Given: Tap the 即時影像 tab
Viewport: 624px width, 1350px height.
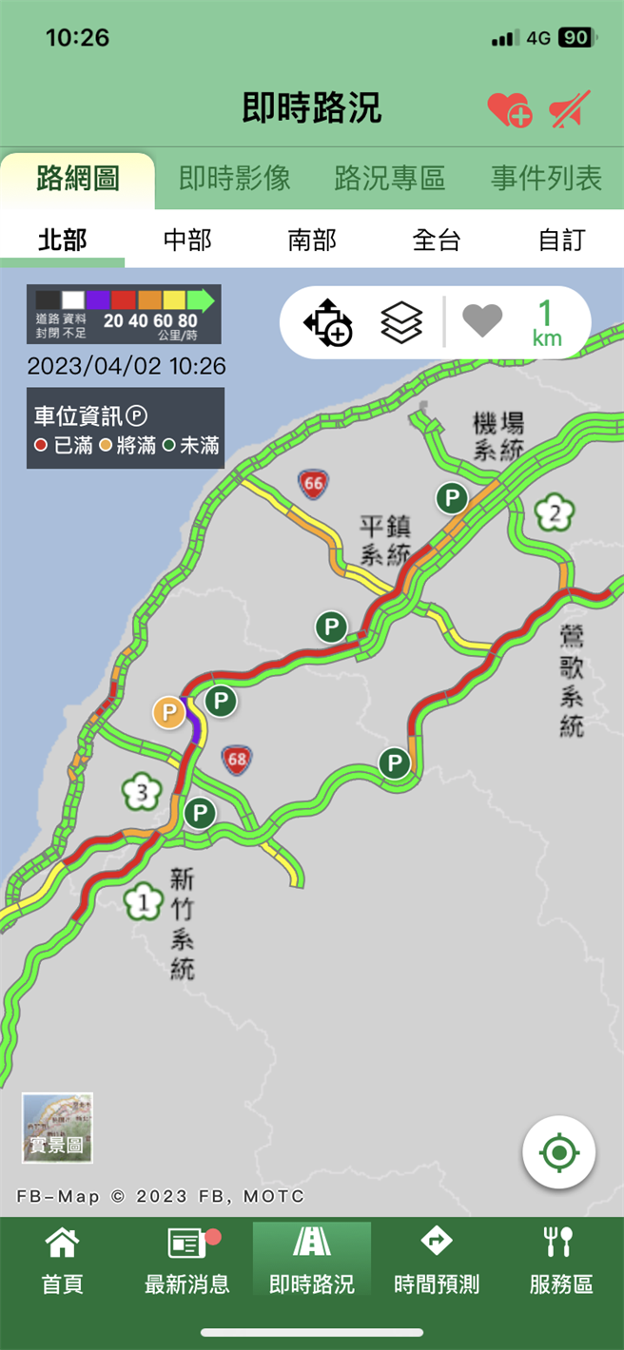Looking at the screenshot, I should [234, 178].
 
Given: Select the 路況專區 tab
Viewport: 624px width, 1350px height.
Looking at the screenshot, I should [390, 178].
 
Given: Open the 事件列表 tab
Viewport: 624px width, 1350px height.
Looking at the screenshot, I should [546, 178].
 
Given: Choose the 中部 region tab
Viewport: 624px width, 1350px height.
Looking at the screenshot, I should [187, 241].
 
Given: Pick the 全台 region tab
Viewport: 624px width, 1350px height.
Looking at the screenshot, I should [437, 241].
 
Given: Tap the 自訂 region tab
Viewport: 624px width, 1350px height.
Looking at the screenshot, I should [561, 241].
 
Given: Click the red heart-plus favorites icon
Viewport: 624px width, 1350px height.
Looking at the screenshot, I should [509, 109].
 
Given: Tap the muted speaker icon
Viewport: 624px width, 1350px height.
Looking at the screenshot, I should [570, 109].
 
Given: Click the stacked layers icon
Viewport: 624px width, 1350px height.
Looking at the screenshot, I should [400, 322].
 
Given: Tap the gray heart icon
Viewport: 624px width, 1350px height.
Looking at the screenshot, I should [482, 320].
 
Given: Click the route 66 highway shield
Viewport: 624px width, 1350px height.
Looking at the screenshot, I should [312, 484].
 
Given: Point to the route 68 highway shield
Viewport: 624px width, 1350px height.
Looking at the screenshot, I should [237, 759].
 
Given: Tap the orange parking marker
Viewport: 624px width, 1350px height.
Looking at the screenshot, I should [169, 711].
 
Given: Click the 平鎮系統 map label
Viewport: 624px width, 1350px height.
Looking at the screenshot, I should [385, 539].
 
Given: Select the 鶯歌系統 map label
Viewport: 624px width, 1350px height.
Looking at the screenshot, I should [571, 681].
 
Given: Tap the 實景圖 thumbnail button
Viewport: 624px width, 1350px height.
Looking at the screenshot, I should [57, 1128].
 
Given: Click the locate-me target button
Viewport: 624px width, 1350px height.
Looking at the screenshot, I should [558, 1152].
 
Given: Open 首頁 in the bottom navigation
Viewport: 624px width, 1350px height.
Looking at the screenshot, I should [63, 1261].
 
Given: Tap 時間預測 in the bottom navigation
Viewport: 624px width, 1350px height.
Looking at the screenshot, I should [437, 1261].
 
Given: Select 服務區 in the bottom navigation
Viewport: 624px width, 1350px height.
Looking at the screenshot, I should [561, 1261].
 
